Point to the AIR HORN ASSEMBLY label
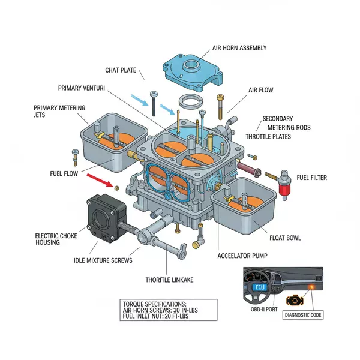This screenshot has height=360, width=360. (x=239, y=48)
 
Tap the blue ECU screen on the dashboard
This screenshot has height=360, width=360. (x=260, y=287)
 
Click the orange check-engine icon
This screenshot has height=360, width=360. (x=295, y=299)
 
